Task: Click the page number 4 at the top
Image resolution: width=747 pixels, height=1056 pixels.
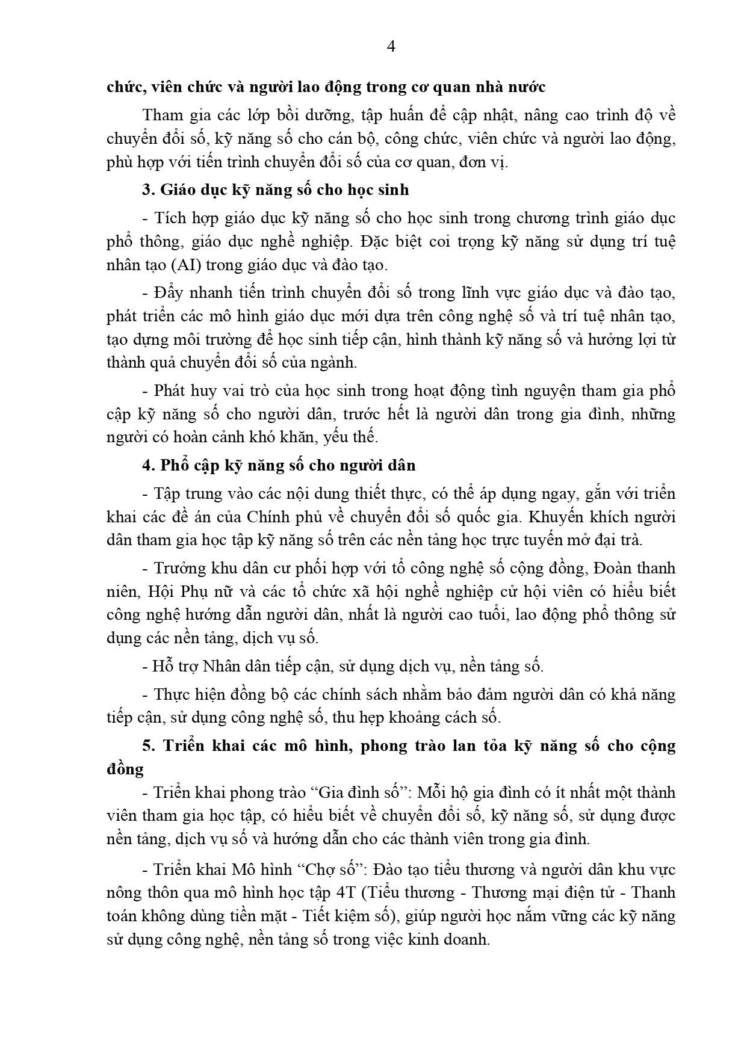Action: point(391,47)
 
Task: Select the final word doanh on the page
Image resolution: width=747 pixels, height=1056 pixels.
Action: point(467,939)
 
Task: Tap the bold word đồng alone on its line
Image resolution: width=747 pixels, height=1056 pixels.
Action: point(125,769)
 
